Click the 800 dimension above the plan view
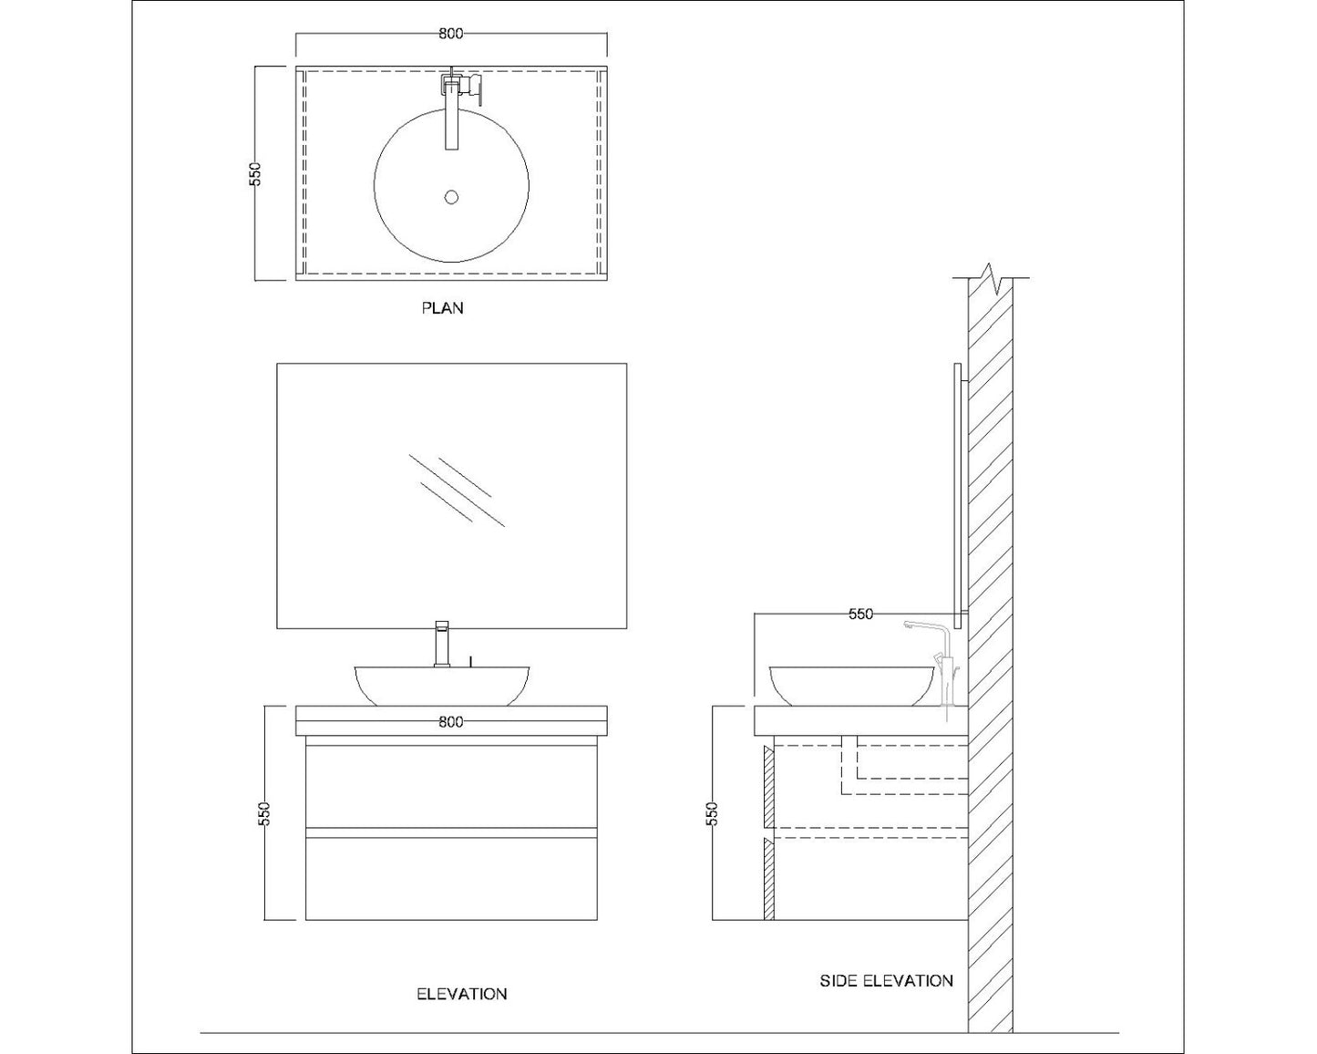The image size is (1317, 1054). [451, 34]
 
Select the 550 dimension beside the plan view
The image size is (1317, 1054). [256, 174]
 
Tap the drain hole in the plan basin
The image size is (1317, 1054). [451, 197]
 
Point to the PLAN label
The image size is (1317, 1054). [442, 308]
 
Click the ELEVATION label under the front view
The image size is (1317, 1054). [461, 994]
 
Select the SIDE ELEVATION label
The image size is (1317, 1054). [886, 981]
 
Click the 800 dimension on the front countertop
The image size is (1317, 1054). [451, 722]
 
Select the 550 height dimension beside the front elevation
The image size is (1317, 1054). [263, 813]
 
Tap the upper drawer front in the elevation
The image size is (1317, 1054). [451, 786]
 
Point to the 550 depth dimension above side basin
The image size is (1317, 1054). [860, 615]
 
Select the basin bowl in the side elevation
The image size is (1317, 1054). [852, 686]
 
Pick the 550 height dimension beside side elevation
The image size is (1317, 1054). [713, 813]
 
